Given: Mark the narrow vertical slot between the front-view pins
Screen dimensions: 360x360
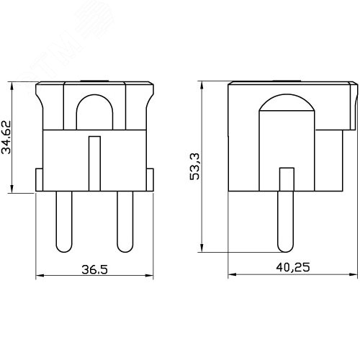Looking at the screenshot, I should [x=93, y=164].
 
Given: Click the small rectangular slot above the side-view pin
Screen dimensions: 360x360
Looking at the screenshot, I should [x=286, y=179].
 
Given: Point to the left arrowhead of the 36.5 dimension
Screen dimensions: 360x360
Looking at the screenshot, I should [x=38, y=276].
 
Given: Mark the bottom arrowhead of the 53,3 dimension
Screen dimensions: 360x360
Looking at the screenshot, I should [x=204, y=250].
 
